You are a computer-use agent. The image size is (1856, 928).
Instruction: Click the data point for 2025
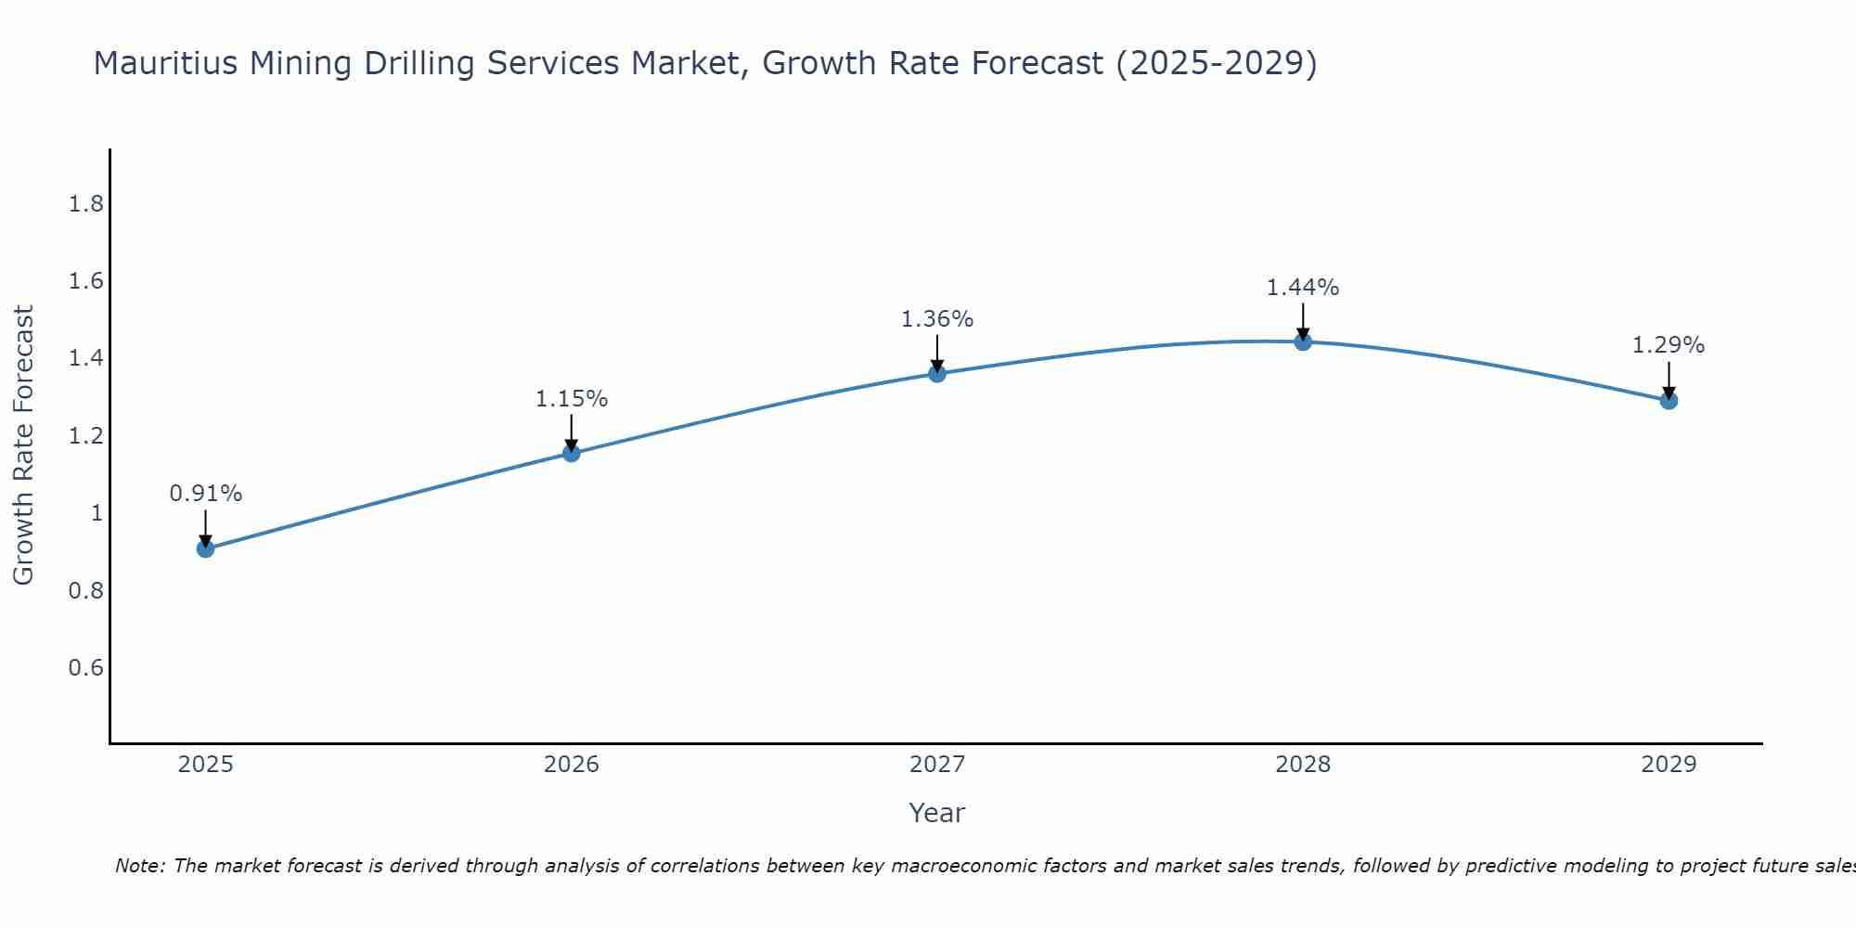206,548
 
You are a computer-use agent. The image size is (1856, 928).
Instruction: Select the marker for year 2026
572,453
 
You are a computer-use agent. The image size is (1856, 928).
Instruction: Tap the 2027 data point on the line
937,373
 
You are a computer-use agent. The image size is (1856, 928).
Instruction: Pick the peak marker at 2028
1303,342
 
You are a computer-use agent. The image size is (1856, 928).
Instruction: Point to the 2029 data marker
1669,400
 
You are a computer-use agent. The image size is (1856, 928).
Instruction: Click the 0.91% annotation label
206,494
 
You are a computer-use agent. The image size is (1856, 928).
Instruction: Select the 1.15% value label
572,399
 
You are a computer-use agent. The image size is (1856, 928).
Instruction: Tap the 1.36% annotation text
937,319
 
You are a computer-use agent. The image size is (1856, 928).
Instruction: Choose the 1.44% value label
1303,288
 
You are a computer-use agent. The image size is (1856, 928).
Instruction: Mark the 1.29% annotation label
1669,345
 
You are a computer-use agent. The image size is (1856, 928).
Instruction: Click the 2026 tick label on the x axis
572,765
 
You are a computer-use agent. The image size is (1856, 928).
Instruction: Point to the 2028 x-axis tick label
1303,765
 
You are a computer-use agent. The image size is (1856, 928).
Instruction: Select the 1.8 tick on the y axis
86,204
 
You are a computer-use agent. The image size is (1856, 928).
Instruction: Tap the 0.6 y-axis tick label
86,668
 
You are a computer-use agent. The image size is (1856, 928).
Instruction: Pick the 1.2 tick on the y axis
86,436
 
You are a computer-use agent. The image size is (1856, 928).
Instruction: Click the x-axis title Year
937,813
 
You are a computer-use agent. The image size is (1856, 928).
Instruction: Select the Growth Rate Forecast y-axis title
23,445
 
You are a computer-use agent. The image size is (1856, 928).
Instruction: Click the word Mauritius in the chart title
162,63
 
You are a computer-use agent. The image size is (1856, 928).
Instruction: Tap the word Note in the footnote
139,866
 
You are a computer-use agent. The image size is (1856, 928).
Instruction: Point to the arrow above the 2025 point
206,527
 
